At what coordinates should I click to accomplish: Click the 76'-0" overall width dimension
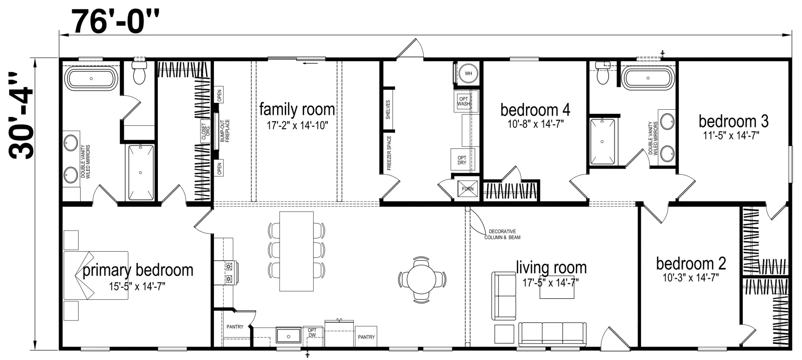pos(115,22)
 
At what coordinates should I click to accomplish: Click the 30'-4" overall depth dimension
pos(21,115)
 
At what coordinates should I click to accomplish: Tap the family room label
pos(297,109)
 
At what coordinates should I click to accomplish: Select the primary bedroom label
pos(138,270)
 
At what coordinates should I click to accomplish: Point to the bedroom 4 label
pos(535,110)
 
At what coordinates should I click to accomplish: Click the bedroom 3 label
pos(734,121)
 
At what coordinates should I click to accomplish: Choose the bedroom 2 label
pos(691,264)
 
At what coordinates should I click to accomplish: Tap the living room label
pos(551,268)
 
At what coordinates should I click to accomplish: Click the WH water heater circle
pos(468,74)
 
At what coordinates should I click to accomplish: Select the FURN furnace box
pos(468,189)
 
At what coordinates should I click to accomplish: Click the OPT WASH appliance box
pos(464,101)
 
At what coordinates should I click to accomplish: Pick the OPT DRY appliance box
pos(462,160)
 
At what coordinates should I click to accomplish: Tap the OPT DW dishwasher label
pos(312,333)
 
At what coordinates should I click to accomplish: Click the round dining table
pos(422,279)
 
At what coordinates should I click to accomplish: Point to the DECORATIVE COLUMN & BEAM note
pos(502,235)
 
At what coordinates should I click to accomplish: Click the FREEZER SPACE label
pos(389,152)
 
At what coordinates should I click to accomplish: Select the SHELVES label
pos(388,109)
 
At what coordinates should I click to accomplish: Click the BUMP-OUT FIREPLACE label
pos(225,131)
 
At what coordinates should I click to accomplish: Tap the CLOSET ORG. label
pos(206,131)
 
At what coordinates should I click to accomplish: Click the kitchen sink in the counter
pos(289,335)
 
